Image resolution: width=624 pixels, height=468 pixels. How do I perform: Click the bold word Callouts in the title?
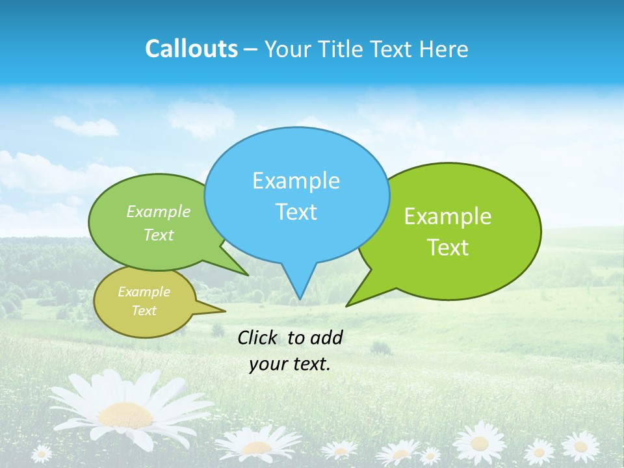[x=191, y=49]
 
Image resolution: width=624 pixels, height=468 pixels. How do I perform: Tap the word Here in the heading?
[x=443, y=49]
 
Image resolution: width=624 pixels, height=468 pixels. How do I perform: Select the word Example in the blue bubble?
[x=296, y=181]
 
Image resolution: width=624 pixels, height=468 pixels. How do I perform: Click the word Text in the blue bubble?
[x=296, y=212]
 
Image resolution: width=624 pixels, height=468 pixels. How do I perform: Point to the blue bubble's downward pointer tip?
[x=300, y=298]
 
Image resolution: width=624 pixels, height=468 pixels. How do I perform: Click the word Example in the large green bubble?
[x=448, y=216]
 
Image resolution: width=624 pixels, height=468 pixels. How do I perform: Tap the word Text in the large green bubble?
[x=448, y=248]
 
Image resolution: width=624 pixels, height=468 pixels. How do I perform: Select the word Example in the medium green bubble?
[x=159, y=212]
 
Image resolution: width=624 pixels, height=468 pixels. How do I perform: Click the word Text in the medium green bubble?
[x=159, y=235]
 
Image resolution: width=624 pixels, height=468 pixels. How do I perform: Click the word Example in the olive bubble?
[x=144, y=292]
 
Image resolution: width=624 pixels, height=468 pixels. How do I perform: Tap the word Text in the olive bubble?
[x=144, y=311]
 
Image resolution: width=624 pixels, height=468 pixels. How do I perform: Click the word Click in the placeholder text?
[x=258, y=337]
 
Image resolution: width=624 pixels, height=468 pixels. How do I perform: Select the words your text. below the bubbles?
[x=289, y=364]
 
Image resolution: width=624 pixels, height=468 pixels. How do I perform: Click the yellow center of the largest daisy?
[x=125, y=415]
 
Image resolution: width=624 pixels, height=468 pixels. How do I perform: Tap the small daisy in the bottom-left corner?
[x=42, y=453]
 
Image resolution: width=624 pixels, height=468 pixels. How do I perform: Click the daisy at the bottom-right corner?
[x=580, y=447]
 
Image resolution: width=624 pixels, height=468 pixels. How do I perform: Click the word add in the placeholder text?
[x=326, y=337]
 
